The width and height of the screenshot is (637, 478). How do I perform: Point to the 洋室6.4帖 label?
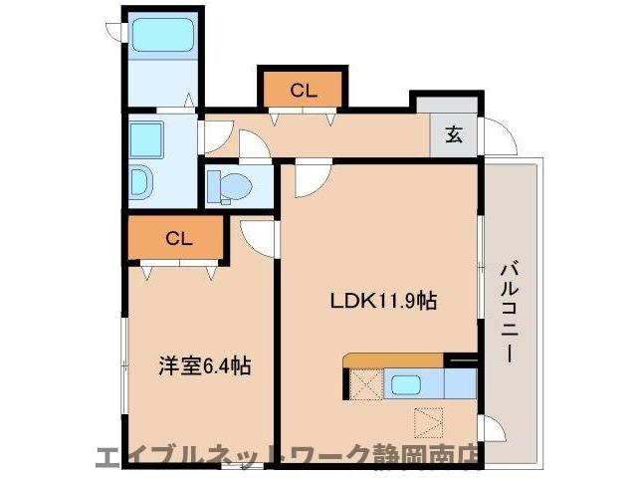(205, 365)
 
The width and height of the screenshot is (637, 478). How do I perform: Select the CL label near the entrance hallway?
(304, 91)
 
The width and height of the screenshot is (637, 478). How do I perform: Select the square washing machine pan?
(147, 136)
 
